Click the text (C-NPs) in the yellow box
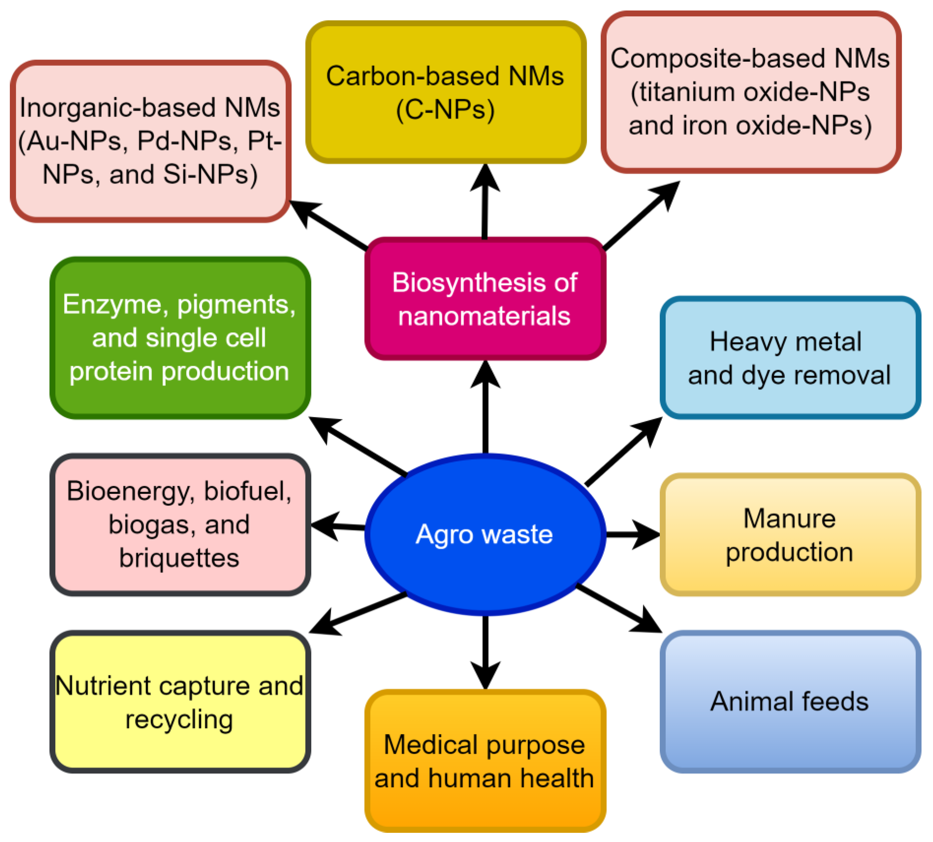(x=445, y=110)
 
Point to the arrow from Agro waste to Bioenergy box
(x=338, y=526)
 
